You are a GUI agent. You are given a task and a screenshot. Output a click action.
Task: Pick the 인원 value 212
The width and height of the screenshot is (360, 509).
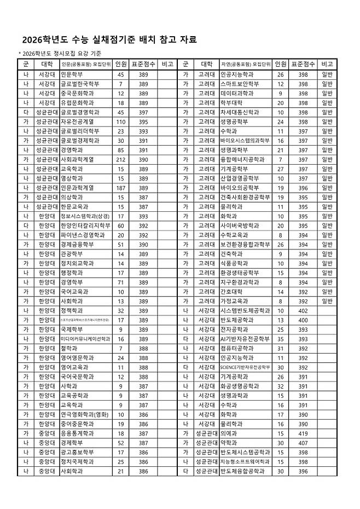(121, 159)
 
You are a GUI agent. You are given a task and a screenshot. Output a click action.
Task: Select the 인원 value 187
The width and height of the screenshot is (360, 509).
(121, 188)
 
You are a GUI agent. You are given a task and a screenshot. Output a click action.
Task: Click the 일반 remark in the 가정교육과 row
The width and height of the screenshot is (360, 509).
(327, 301)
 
